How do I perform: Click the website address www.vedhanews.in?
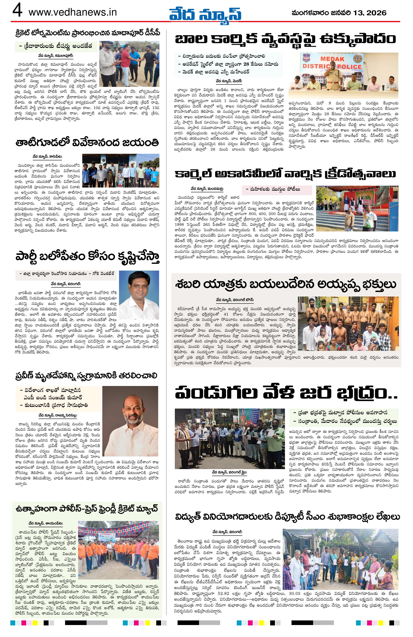click(72, 12)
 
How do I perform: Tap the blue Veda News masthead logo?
click(205, 13)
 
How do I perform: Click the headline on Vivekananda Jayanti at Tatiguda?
click(87, 143)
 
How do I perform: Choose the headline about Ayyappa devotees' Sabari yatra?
click(286, 285)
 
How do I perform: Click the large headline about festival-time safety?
click(286, 393)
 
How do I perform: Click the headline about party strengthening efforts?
click(87, 257)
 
